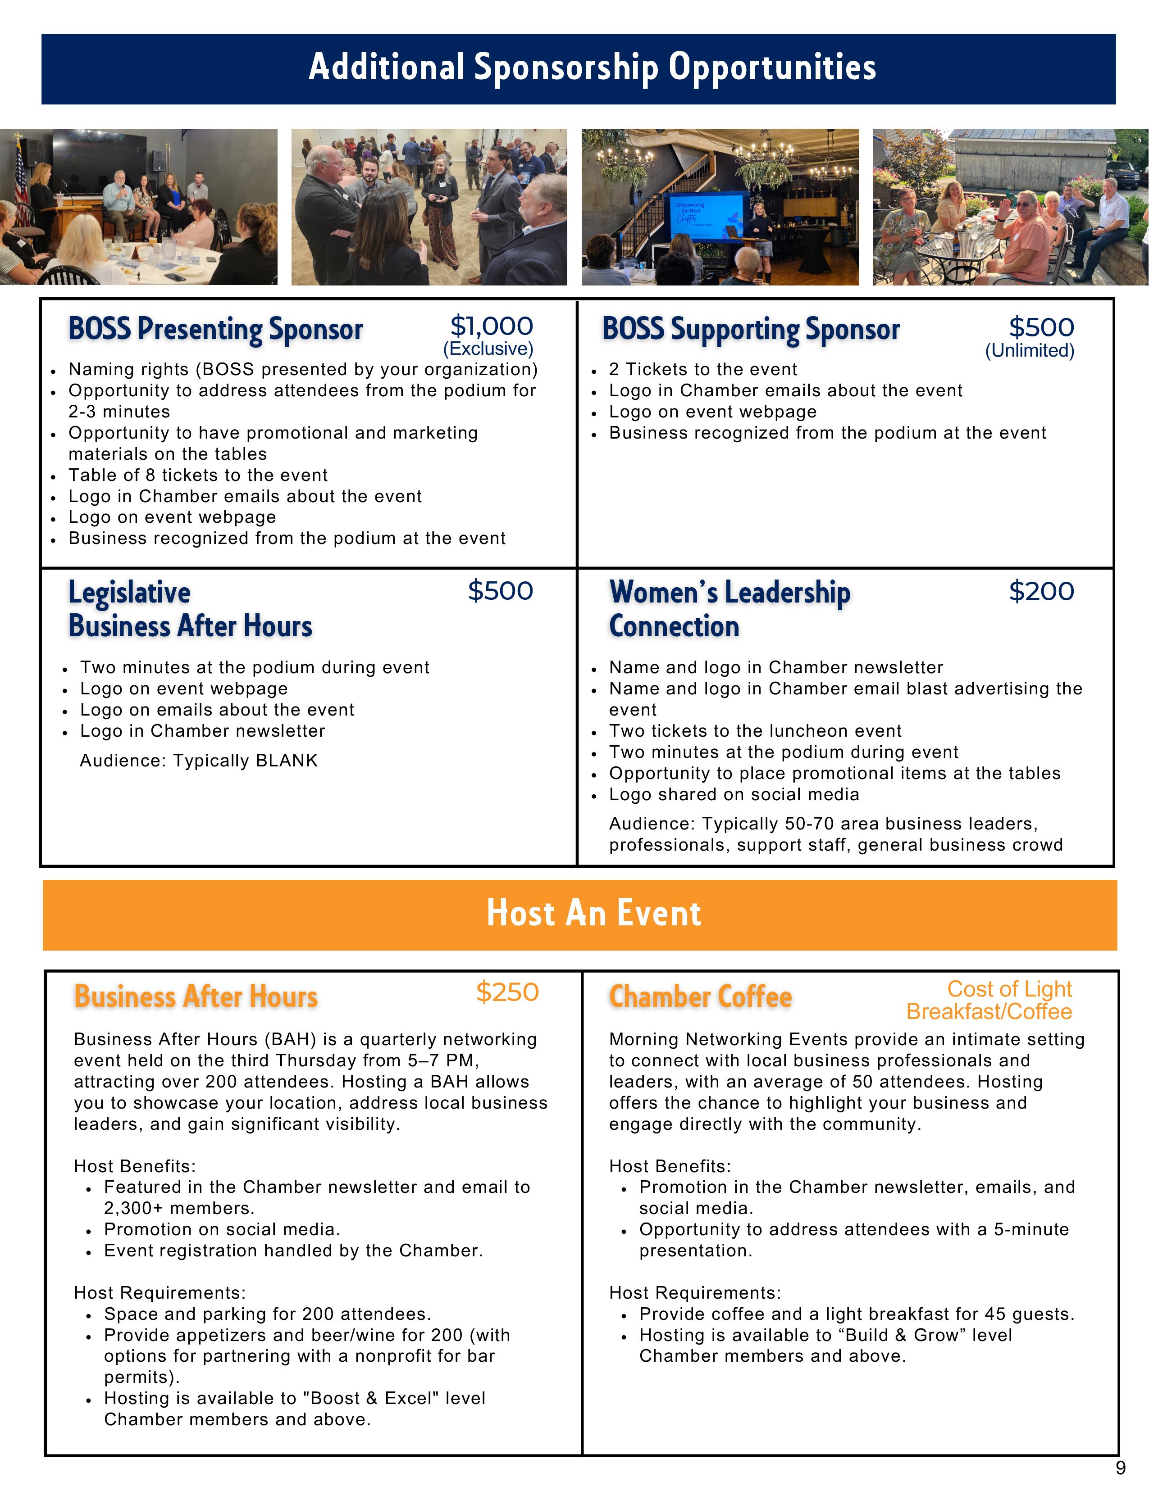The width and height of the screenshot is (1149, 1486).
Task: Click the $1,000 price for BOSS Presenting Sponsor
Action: [492, 326]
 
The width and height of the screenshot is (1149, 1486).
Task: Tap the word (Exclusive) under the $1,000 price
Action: [488, 349]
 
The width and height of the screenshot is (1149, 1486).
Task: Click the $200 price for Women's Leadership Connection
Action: [1041, 591]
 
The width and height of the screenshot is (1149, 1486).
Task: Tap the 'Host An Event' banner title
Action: [593, 913]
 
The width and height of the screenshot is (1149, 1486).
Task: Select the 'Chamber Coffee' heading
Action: [700, 997]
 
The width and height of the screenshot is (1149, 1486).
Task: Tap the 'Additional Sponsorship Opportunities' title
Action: [592, 68]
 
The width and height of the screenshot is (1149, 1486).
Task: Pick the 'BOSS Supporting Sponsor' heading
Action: [751, 329]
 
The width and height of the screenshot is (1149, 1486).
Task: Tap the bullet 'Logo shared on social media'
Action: [734, 795]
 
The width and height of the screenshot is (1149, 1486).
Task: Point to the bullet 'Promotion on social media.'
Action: [222, 1229]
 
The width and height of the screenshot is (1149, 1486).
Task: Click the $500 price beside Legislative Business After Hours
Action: [500, 591]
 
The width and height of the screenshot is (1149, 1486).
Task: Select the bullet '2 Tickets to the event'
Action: [702, 369]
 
